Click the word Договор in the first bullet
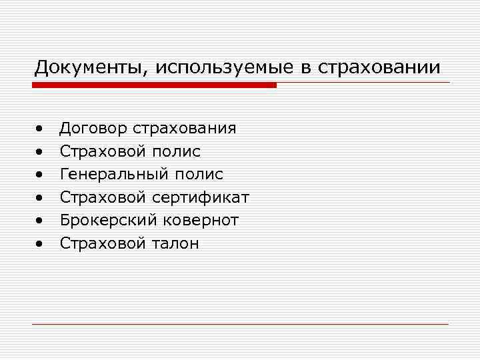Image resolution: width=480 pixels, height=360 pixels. point(93,128)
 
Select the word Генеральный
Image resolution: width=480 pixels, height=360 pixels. point(115,175)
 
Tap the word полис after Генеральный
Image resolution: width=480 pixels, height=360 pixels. point(199,175)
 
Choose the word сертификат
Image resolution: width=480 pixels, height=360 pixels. point(201,197)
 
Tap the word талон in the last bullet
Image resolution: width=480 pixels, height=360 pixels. point(175,243)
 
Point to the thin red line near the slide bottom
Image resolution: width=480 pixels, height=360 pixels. point(240,324)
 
